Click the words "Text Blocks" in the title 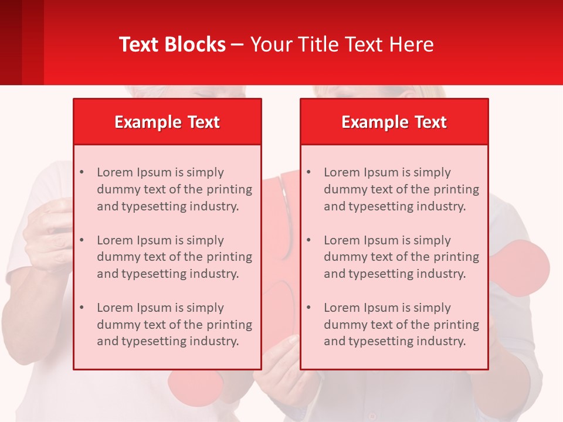[172, 45]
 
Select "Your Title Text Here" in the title [342, 45]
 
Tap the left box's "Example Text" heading [167, 122]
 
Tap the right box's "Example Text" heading [394, 122]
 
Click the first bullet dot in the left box [82, 172]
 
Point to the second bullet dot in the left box [82, 240]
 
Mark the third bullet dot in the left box [82, 308]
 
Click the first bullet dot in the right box [308, 172]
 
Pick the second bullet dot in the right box [308, 240]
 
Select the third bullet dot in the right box [308, 308]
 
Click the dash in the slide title [238, 45]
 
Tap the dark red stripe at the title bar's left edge [11, 42]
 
